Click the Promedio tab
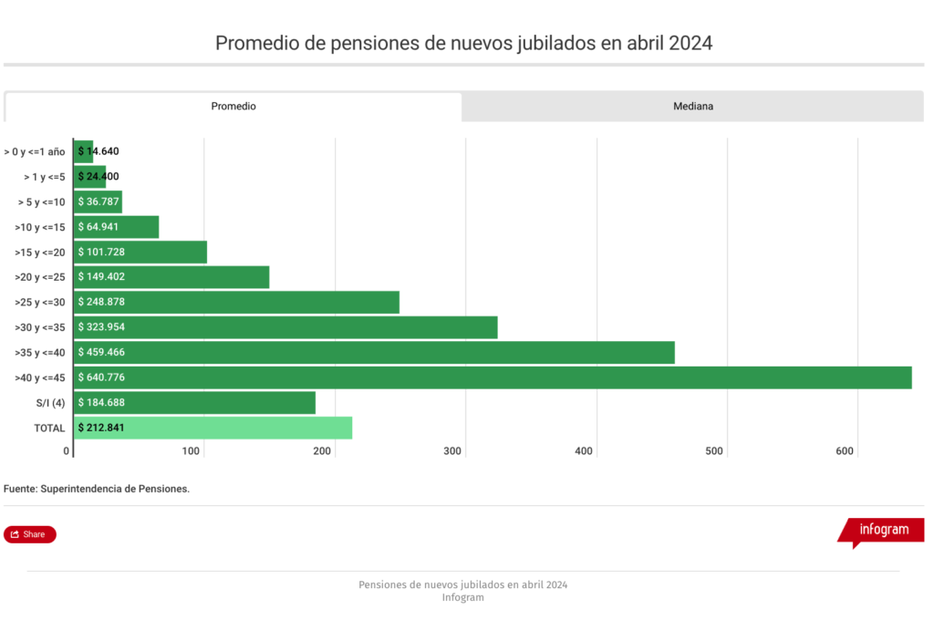click(x=233, y=107)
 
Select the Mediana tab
click(x=693, y=107)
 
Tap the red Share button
click(x=30, y=534)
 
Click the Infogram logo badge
click(x=883, y=530)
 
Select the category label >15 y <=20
click(x=40, y=252)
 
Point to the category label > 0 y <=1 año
click(x=35, y=151)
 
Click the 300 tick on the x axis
click(x=453, y=451)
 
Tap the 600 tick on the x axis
click(x=845, y=451)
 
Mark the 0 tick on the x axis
click(x=67, y=451)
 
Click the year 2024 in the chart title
click(x=690, y=43)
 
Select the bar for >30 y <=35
click(x=285, y=327)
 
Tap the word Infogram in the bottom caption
click(x=462, y=598)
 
